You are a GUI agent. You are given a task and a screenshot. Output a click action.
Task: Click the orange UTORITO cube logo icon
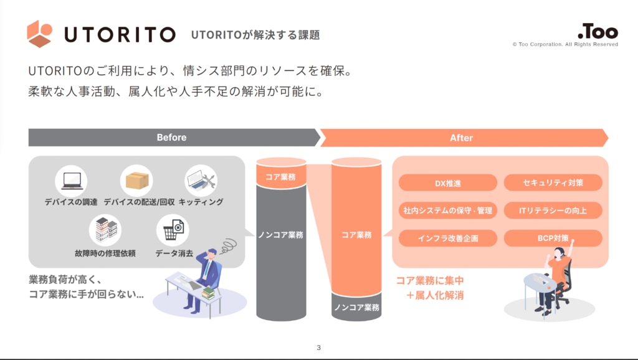click(39, 34)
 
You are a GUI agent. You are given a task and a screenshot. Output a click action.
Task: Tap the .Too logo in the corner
click(598, 31)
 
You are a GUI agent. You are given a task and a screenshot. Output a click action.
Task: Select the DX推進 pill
click(447, 183)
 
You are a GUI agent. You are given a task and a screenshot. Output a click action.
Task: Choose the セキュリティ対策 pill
click(553, 182)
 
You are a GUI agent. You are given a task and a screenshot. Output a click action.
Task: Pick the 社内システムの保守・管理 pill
click(447, 211)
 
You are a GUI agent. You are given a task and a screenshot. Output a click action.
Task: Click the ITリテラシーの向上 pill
click(553, 211)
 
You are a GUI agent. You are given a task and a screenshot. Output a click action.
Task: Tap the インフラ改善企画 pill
click(447, 238)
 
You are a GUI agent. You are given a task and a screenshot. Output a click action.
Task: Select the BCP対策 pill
click(553, 238)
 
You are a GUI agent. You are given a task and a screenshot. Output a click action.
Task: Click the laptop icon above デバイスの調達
click(72, 181)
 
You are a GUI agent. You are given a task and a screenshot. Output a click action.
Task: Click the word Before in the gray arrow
click(172, 138)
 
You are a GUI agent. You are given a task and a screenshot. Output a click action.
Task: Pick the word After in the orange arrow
click(462, 138)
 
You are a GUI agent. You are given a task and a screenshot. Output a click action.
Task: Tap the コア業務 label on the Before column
click(281, 177)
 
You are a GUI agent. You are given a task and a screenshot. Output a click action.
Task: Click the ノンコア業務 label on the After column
click(356, 307)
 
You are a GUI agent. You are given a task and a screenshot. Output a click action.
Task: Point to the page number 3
click(318, 348)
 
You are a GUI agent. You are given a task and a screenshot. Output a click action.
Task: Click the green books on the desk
click(208, 293)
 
